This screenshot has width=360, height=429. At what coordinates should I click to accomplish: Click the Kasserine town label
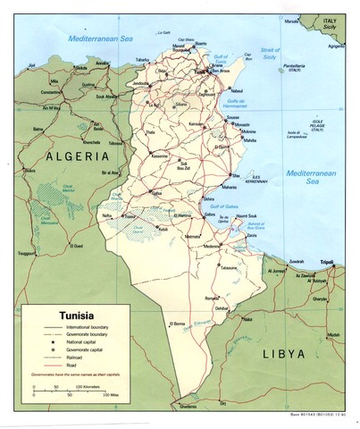pos(161,155)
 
